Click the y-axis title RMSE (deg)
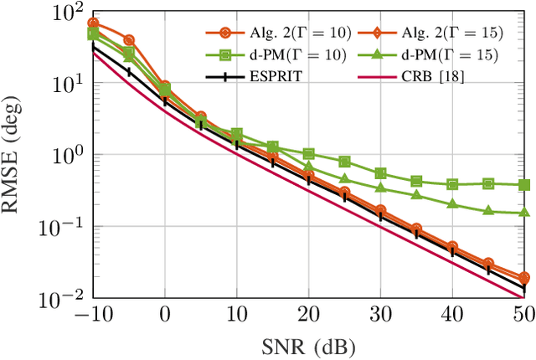coord(17,156)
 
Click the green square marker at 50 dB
coord(524,185)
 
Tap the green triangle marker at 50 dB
coord(524,213)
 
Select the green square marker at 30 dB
coord(381,173)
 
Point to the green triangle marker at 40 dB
coord(453,204)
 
